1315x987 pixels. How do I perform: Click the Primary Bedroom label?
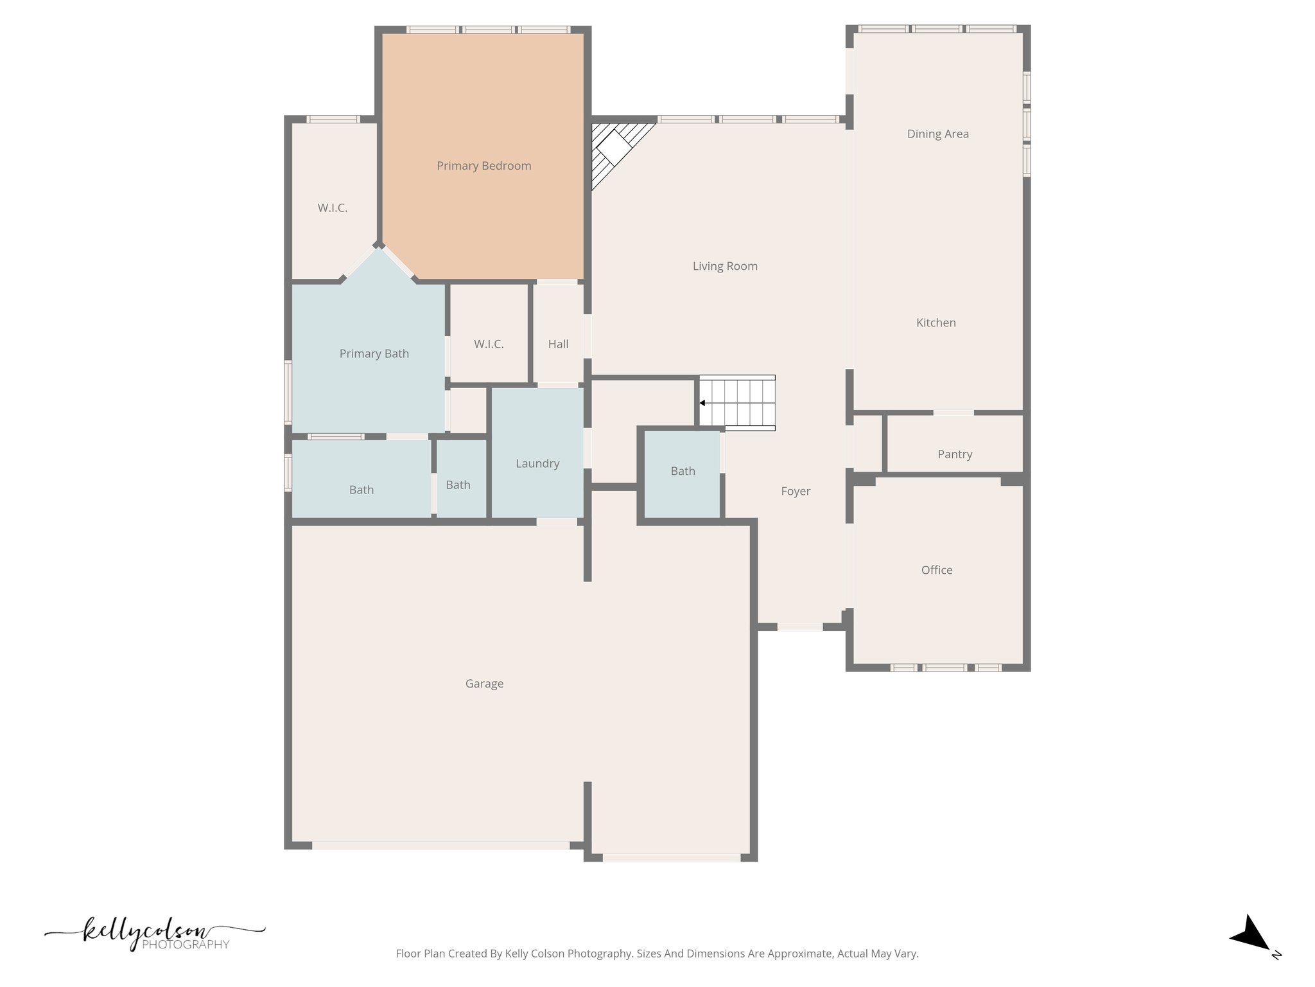pos(484,166)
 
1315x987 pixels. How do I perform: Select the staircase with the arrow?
pos(736,403)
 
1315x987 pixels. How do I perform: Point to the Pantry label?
pos(955,454)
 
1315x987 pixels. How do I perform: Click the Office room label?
pos(937,570)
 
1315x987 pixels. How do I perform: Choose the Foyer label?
pos(796,492)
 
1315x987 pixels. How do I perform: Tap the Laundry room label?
pos(537,464)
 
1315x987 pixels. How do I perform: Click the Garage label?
pos(484,684)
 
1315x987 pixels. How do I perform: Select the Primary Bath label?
pos(374,354)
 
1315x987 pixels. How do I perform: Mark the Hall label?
pos(558,344)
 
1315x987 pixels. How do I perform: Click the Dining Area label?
pos(937,134)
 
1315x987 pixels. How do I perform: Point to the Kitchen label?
pos(936,323)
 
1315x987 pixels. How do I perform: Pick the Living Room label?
pos(725,266)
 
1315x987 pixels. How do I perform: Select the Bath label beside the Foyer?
pos(683,471)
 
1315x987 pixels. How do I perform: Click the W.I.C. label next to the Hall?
pos(489,344)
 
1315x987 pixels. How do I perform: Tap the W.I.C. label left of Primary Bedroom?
pos(333,208)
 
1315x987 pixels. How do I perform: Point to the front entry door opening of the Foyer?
pos(800,627)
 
